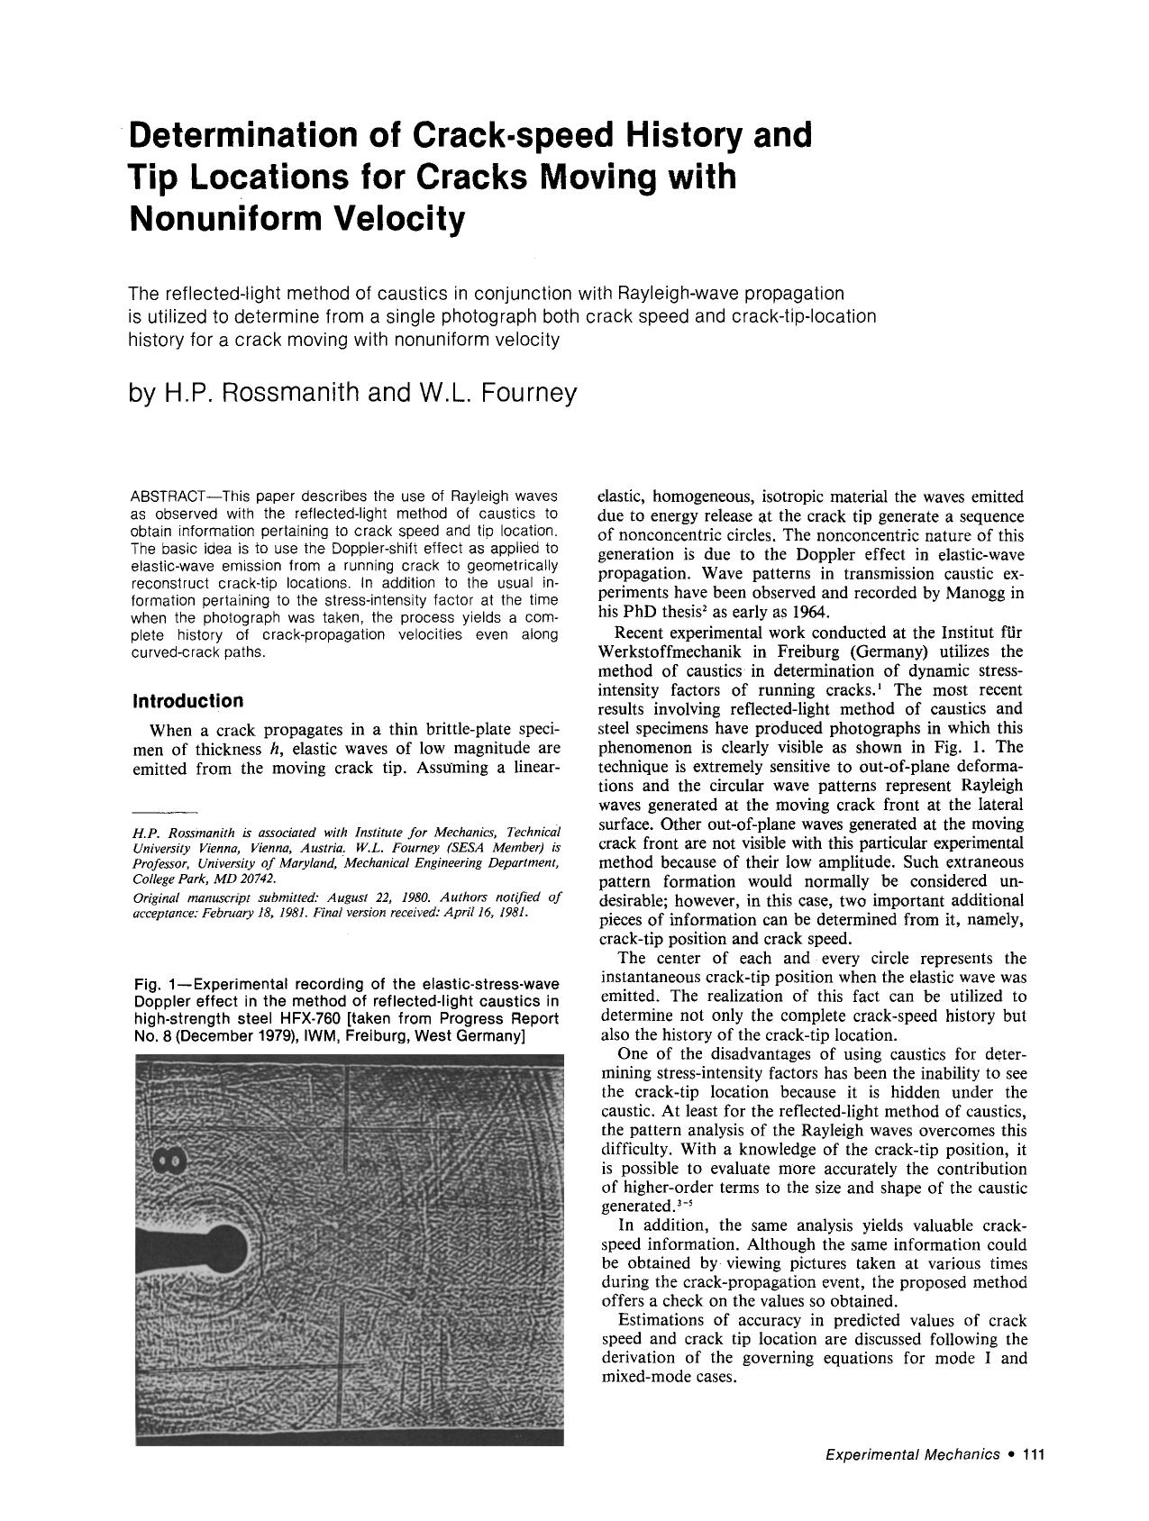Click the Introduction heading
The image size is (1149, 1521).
click(187, 701)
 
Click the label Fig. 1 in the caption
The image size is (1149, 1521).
click(158, 983)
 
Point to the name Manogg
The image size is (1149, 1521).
click(977, 593)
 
